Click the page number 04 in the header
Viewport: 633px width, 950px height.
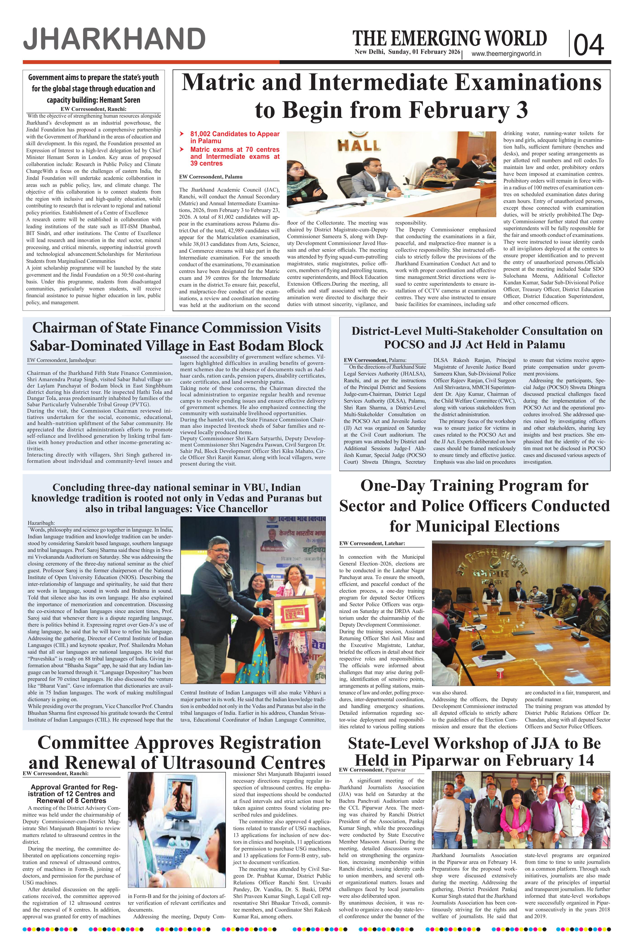[x=589, y=45]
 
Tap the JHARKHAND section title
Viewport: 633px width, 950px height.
[x=114, y=40]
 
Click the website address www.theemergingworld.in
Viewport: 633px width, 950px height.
[x=506, y=54]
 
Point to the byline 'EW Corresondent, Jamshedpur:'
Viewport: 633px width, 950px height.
[x=61, y=360]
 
